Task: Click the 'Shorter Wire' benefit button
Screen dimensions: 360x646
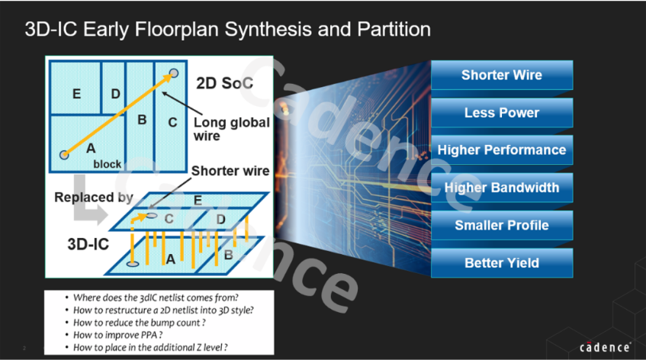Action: [x=501, y=75]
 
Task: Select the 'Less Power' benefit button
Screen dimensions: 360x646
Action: [x=501, y=113]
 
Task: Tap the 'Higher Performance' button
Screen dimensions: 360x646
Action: [x=501, y=150]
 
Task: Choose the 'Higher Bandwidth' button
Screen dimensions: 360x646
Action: [x=501, y=188]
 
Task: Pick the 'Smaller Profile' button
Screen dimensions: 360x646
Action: [x=501, y=225]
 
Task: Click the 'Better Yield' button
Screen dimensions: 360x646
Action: [x=501, y=263]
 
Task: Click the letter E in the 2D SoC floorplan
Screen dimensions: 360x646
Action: [x=76, y=94]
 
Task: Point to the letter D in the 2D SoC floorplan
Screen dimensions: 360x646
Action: [x=115, y=93]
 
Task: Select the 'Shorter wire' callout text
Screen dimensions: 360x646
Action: [x=230, y=171]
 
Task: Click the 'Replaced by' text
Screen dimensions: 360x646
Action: [x=94, y=197]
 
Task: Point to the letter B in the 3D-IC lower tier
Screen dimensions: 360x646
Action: [x=228, y=255]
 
